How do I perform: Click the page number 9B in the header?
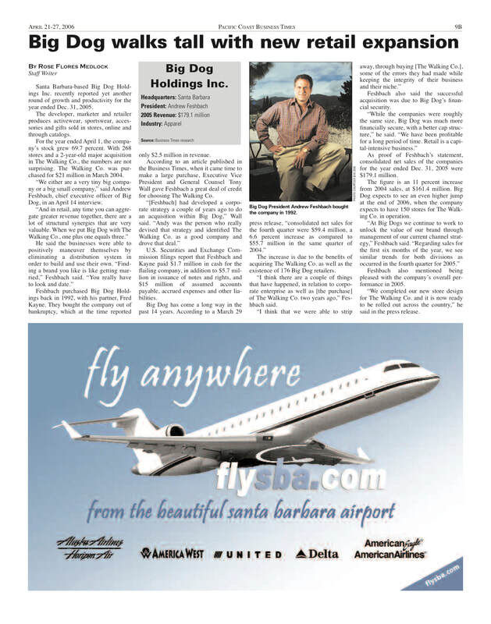click(457, 26)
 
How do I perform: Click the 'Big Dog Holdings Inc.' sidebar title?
click(189, 76)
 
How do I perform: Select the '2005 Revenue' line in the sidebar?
click(176, 115)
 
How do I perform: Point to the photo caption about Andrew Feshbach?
click(297, 209)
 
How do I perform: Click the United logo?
click(249, 555)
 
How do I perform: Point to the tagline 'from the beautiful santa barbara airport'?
click(243, 511)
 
